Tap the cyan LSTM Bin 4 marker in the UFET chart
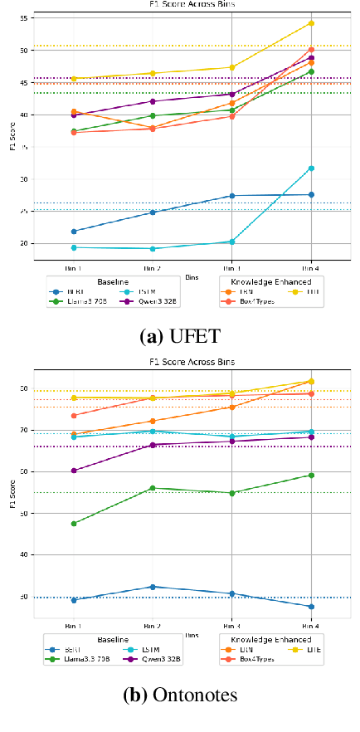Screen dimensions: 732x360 (312, 168)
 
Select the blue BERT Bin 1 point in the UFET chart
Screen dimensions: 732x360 (74, 232)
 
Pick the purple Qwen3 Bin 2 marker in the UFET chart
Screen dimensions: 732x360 (153, 101)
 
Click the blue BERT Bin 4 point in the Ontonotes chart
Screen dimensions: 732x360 (312, 607)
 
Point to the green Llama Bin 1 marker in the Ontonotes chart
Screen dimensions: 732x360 (74, 524)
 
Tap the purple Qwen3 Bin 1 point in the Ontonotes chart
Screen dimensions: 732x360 (74, 471)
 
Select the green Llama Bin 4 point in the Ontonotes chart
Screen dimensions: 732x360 (312, 476)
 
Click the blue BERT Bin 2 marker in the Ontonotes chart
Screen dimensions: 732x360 (153, 587)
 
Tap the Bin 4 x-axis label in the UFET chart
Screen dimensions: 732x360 (312, 268)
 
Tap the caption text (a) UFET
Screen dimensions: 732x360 (180, 338)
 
